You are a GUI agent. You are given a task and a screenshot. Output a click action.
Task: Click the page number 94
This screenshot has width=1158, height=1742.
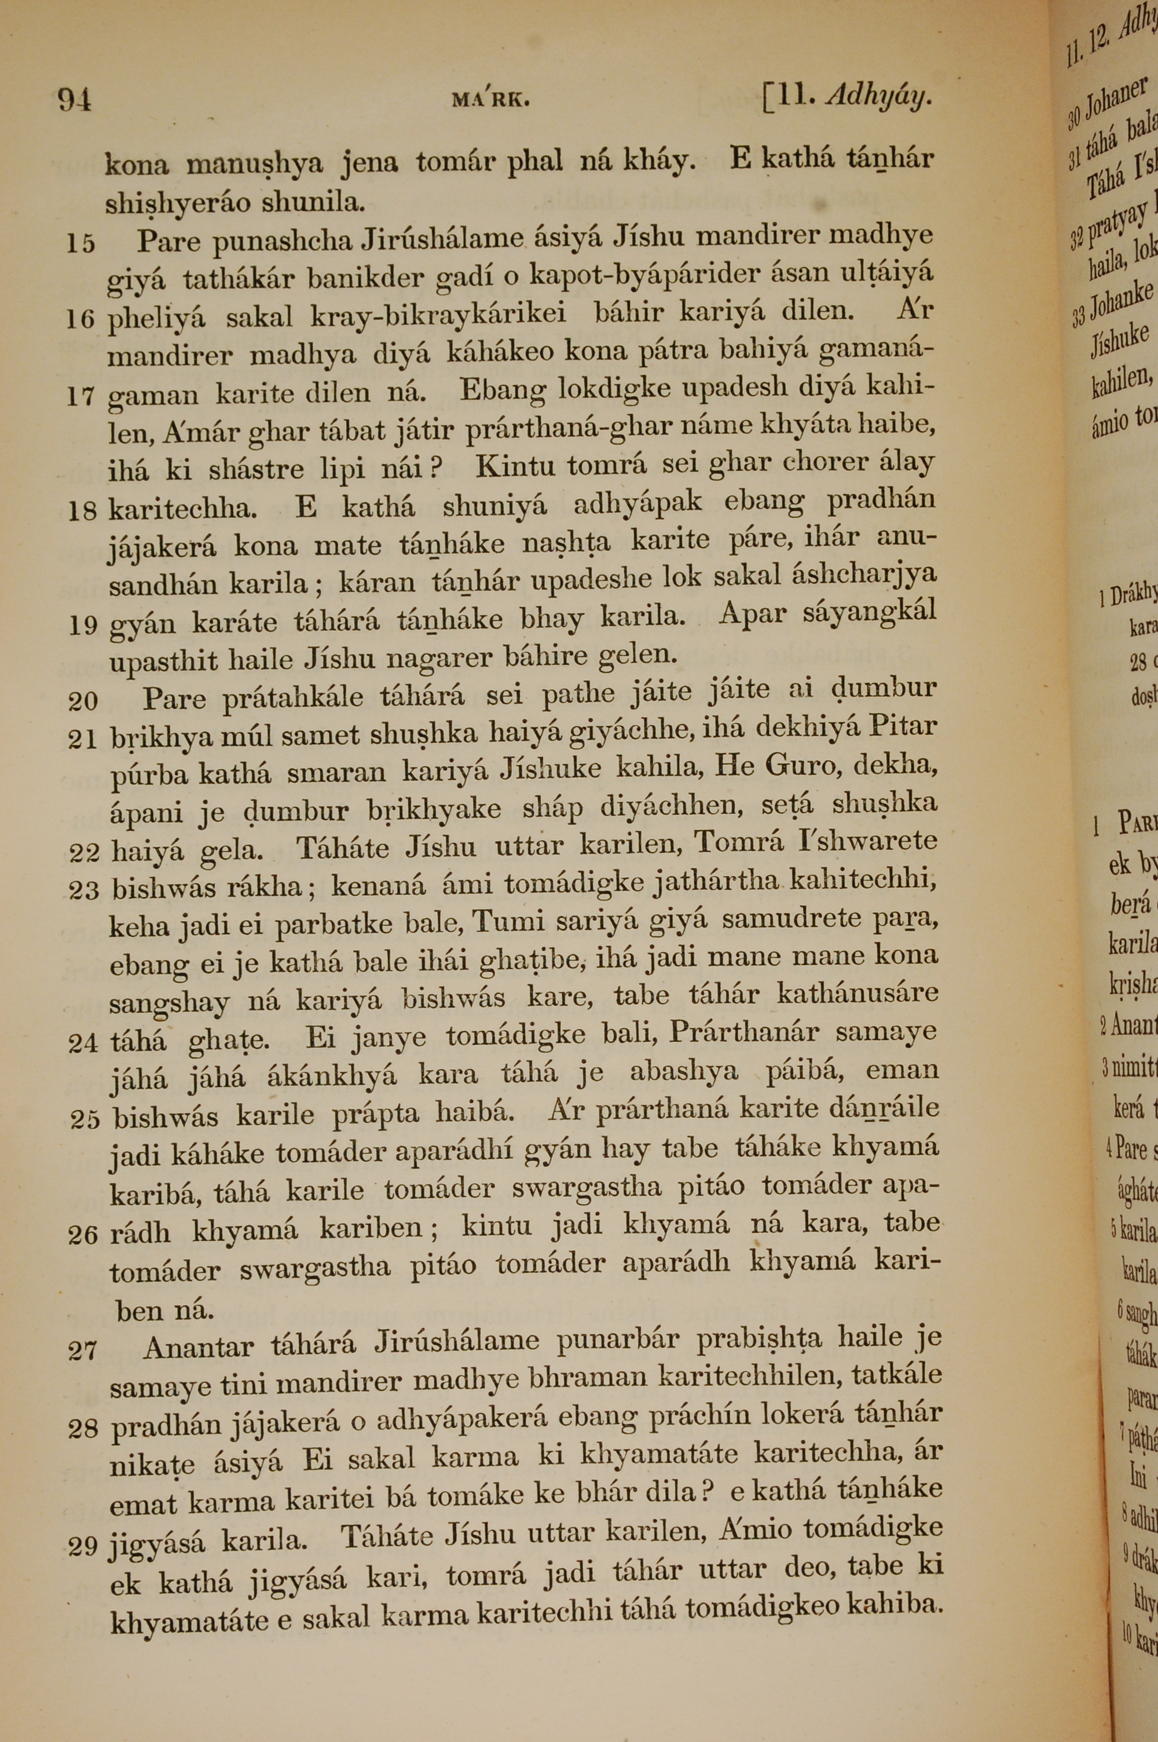(75, 99)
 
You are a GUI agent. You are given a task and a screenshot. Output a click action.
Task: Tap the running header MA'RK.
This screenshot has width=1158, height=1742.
(490, 100)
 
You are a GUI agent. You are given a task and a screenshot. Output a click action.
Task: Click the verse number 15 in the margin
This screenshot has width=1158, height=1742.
(81, 243)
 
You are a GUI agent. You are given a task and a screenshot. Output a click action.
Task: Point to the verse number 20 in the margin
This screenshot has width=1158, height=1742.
(83, 701)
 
